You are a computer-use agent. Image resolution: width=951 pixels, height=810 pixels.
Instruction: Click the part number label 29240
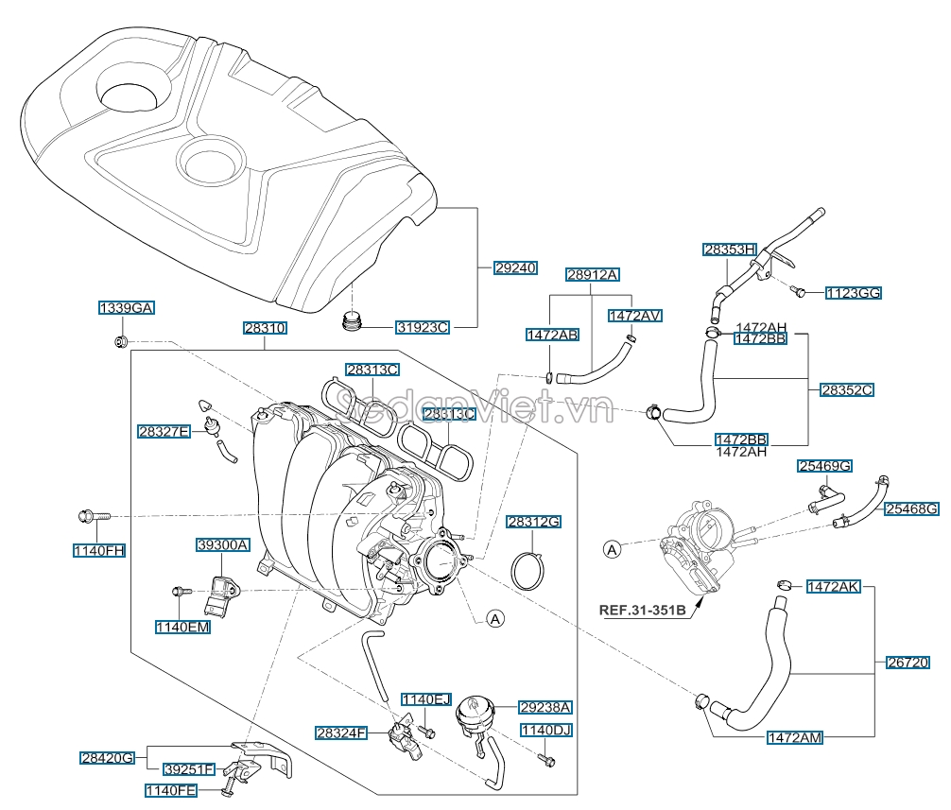click(x=515, y=267)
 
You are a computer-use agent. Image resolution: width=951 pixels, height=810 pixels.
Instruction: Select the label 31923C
click(x=422, y=327)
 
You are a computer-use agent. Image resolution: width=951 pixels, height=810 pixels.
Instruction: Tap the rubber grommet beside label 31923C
click(x=353, y=322)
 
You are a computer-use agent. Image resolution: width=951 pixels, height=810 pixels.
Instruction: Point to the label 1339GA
click(x=127, y=308)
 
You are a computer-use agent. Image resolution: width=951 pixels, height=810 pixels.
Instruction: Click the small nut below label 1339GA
click(x=120, y=341)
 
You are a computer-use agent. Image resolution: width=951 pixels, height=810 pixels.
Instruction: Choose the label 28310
click(x=265, y=328)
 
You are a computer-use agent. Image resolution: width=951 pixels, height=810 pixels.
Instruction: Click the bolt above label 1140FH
click(x=93, y=516)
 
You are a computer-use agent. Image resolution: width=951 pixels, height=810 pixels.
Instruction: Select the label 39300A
click(x=223, y=544)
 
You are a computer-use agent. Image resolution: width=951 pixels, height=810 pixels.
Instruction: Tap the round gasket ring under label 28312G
click(x=530, y=572)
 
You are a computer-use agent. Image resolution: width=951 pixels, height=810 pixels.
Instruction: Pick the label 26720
click(x=912, y=664)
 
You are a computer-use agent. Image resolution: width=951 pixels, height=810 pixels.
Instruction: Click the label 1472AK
click(x=833, y=587)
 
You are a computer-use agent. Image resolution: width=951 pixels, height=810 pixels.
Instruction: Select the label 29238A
click(x=546, y=706)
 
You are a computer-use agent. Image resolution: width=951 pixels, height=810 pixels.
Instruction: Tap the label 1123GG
click(x=853, y=293)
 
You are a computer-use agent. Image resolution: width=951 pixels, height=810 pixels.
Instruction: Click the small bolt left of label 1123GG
click(x=799, y=291)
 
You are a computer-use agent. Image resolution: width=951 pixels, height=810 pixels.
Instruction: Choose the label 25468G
click(x=912, y=508)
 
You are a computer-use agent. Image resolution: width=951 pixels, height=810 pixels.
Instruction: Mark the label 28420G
click(x=108, y=757)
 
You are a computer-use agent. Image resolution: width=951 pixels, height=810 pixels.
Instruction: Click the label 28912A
click(x=593, y=275)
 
